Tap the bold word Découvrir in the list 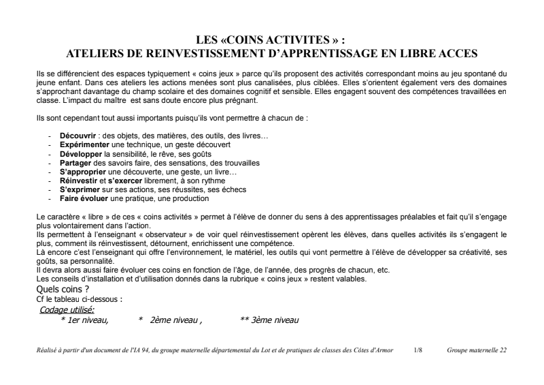point(78,136)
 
